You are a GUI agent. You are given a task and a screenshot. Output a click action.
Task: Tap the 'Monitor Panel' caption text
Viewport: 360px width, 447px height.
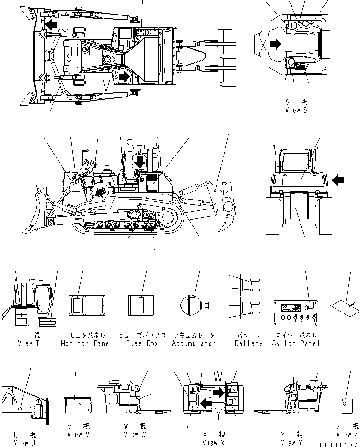pyautogui.click(x=87, y=343)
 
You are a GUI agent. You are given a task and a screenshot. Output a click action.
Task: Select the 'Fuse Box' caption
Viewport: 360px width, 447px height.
pyautogui.click(x=142, y=343)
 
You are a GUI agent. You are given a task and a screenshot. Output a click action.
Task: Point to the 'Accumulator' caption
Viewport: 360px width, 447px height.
pyautogui.click(x=194, y=343)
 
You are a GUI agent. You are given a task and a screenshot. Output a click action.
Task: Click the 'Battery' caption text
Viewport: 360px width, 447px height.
pyautogui.click(x=248, y=343)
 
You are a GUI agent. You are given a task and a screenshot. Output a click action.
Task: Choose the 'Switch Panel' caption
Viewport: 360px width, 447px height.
pyautogui.click(x=296, y=343)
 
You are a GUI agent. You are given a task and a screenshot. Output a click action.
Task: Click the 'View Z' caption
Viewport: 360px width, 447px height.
pyautogui.click(x=346, y=434)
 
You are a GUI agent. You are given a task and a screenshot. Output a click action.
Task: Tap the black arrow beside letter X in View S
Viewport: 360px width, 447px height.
pyautogui.click(x=276, y=44)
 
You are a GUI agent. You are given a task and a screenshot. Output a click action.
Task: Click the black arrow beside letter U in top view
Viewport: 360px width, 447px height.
pyautogui.click(x=52, y=24)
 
